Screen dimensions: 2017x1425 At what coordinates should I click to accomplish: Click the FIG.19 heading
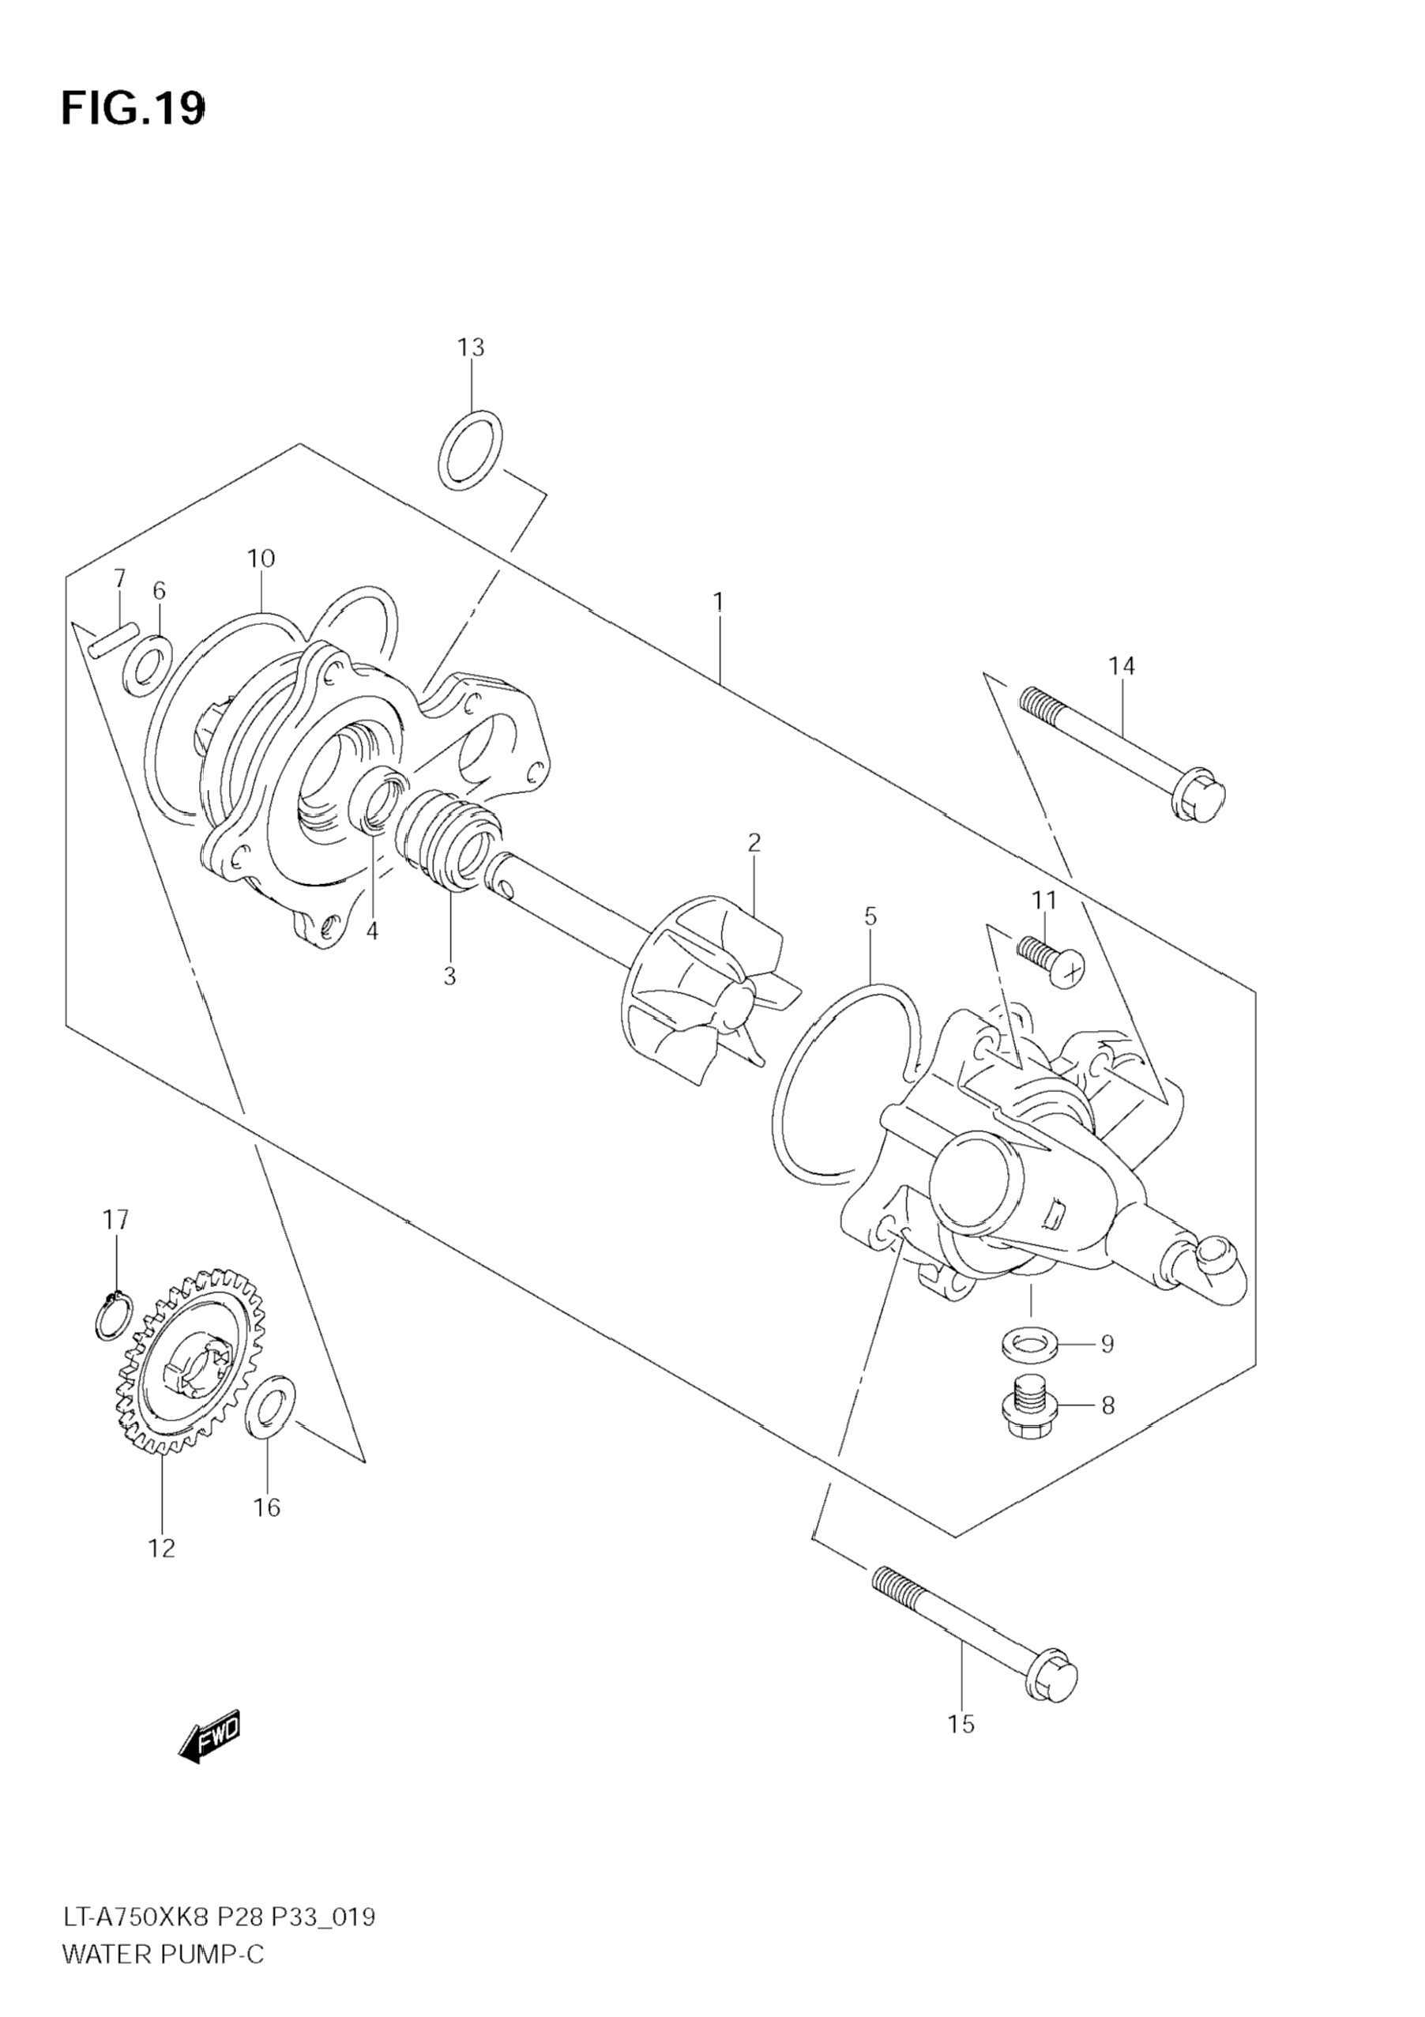point(133,110)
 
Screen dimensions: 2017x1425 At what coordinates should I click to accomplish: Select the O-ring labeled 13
point(471,449)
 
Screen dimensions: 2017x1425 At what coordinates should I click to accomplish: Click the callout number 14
point(1121,667)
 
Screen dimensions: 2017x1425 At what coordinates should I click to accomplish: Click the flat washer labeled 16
point(273,1407)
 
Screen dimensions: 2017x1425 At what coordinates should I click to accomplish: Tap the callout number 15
point(961,1725)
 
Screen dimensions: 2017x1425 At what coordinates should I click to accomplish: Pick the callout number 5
point(870,917)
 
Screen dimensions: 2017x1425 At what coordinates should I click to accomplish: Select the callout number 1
point(718,602)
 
